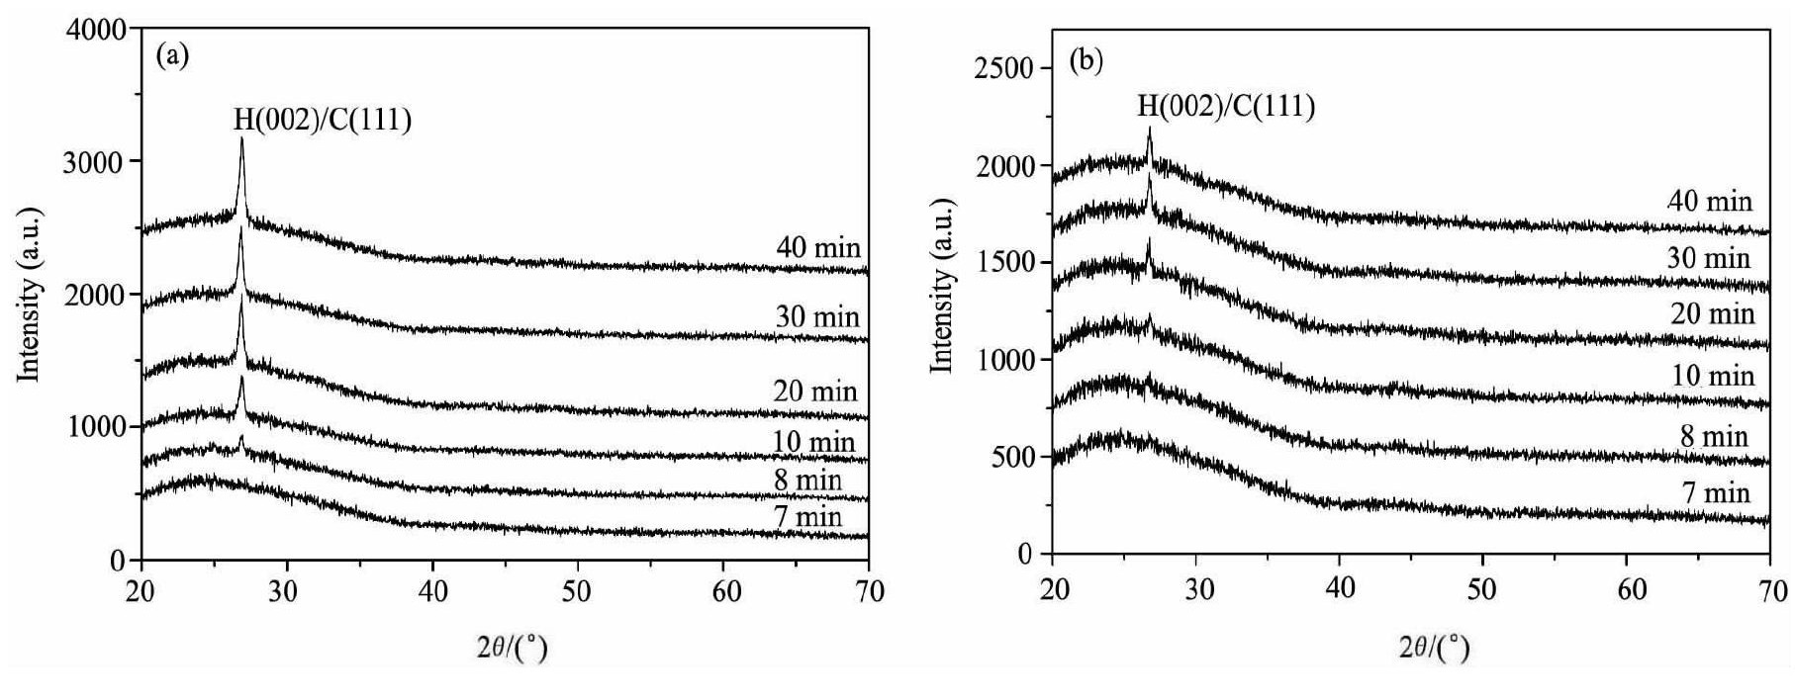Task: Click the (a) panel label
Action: coord(172,56)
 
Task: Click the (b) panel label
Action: coord(1086,61)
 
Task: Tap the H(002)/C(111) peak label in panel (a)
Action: coord(322,120)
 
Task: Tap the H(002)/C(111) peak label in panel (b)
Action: coord(1226,105)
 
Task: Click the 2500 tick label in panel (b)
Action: coord(1003,68)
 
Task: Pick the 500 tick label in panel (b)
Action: coord(1011,457)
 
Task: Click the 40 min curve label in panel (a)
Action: coord(818,247)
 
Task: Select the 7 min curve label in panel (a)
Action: coord(807,516)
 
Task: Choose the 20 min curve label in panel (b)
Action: coord(1712,314)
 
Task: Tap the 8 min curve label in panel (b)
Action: coord(1720,436)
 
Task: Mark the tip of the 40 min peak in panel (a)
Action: coord(241,139)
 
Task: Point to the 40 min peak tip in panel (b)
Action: coord(1149,129)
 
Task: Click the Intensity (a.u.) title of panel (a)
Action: coord(31,295)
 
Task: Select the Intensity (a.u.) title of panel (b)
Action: coord(942,288)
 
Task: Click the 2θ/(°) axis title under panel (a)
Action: coord(512,649)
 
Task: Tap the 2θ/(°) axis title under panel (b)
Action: coord(1433,649)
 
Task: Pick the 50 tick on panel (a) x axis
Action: coord(577,591)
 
